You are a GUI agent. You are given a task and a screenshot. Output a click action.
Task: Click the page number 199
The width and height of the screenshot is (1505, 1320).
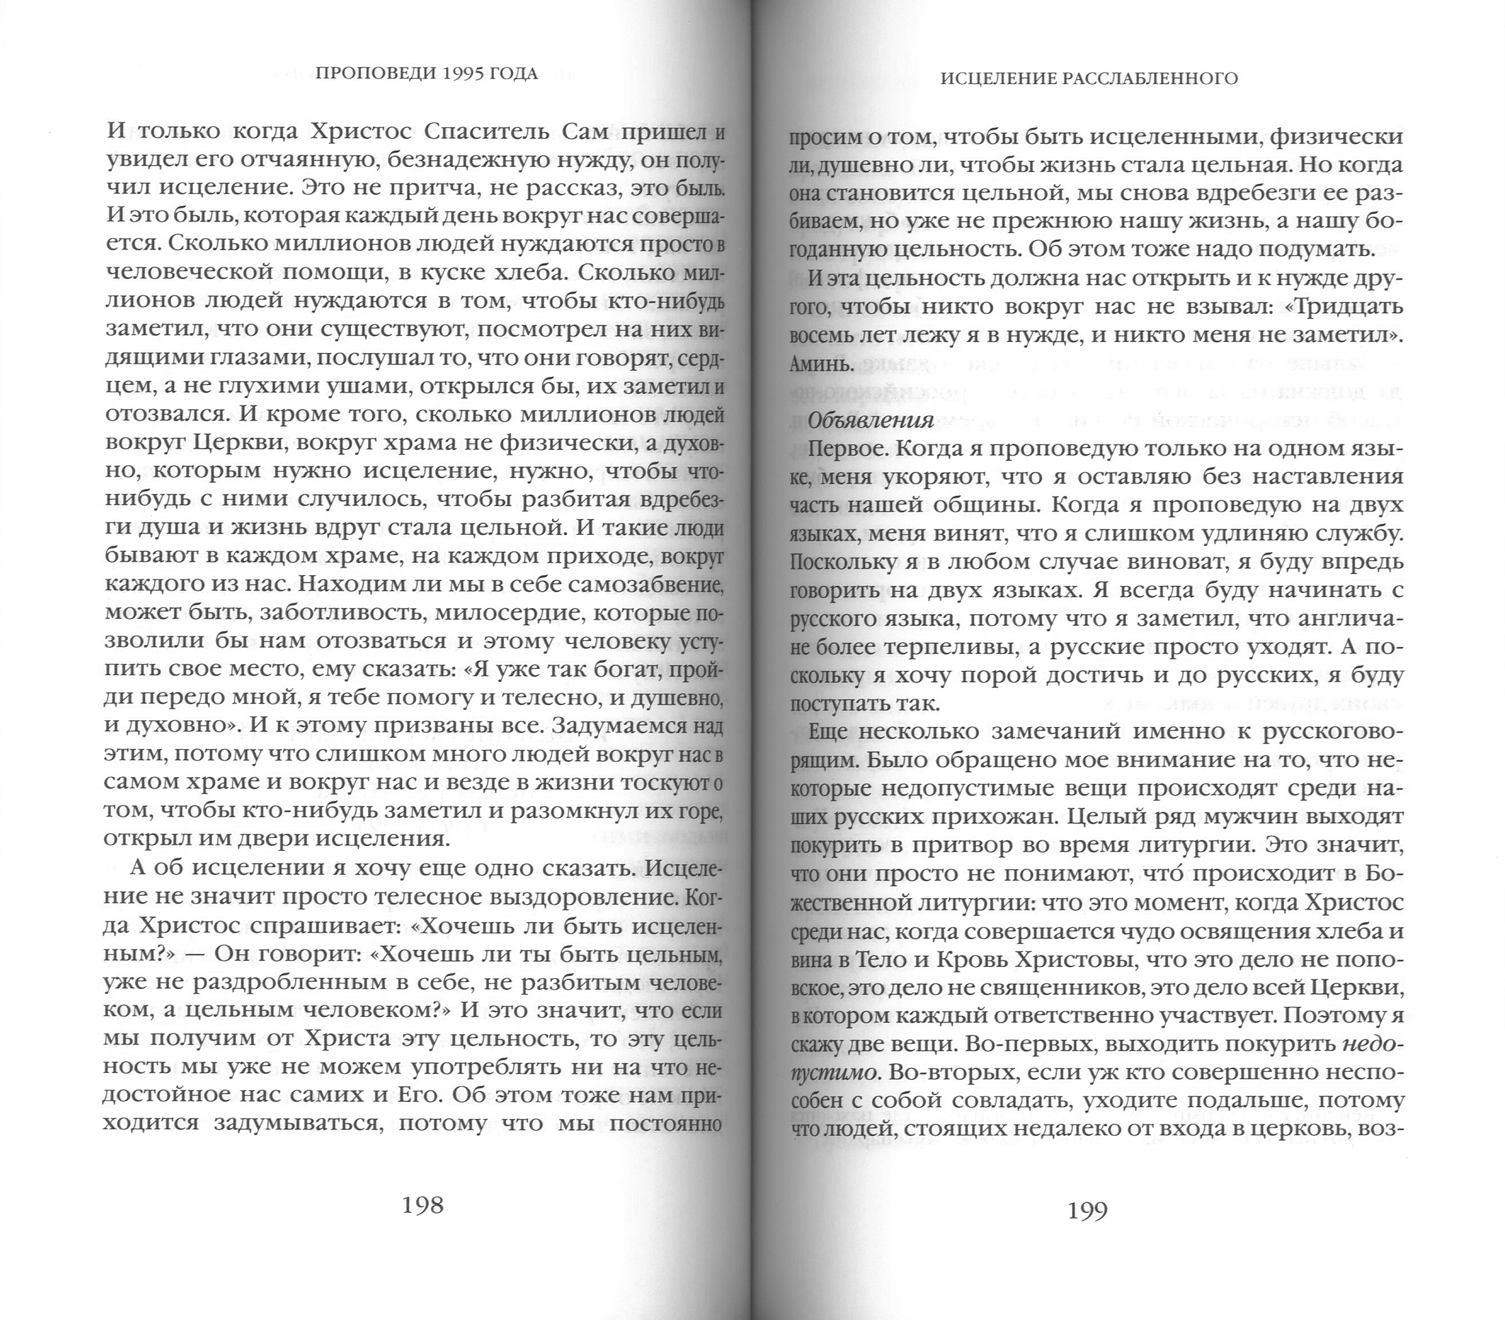pos(1088,1211)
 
